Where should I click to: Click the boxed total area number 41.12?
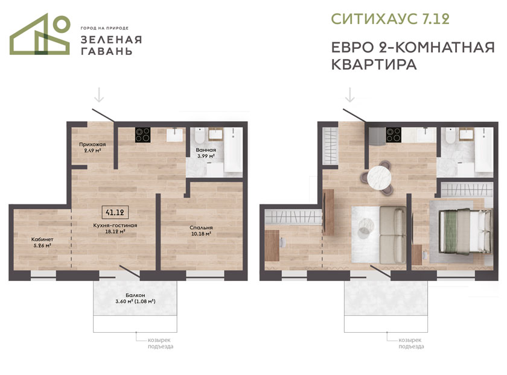click(x=115, y=212)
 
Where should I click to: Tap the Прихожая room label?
click(x=92, y=144)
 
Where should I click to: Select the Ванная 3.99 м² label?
click(x=206, y=153)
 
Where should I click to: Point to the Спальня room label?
click(x=201, y=228)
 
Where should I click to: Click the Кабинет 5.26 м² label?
click(x=42, y=242)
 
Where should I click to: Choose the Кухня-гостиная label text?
click(x=115, y=225)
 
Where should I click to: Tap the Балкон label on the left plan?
click(x=135, y=295)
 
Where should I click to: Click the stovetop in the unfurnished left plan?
click(x=142, y=135)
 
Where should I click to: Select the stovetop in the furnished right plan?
click(x=394, y=134)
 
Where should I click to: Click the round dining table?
click(x=379, y=178)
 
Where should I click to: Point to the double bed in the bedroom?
click(x=465, y=231)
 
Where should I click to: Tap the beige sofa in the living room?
click(x=392, y=235)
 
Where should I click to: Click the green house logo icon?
click(x=40, y=34)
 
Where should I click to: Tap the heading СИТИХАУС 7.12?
click(x=391, y=19)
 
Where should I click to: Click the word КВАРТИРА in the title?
click(x=374, y=65)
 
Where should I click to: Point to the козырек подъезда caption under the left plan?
click(x=161, y=343)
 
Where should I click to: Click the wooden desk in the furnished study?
click(x=272, y=245)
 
